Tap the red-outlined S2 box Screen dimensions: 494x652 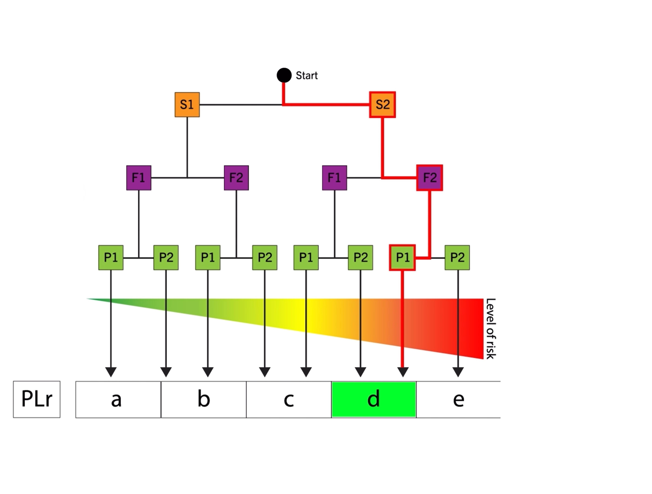(x=382, y=105)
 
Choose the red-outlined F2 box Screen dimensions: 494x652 (x=429, y=178)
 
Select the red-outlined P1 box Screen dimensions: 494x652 (x=402, y=258)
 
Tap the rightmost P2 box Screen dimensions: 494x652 (x=457, y=258)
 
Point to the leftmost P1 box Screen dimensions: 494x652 (x=111, y=258)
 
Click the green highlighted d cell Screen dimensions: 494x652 (x=374, y=399)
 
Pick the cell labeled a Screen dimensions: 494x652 (x=118, y=399)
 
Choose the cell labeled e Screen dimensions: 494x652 (x=458, y=399)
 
